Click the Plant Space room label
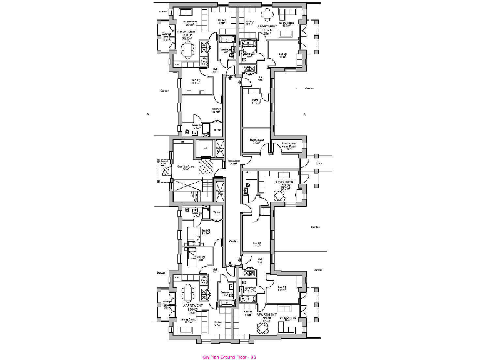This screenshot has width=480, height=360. pyautogui.click(x=255, y=141)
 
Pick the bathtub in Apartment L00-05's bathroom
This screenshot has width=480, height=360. pyautogui.click(x=227, y=302)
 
